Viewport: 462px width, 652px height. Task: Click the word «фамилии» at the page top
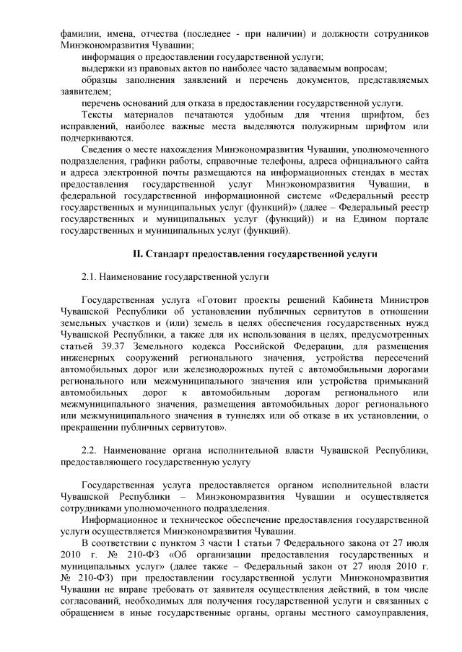click(x=79, y=34)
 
